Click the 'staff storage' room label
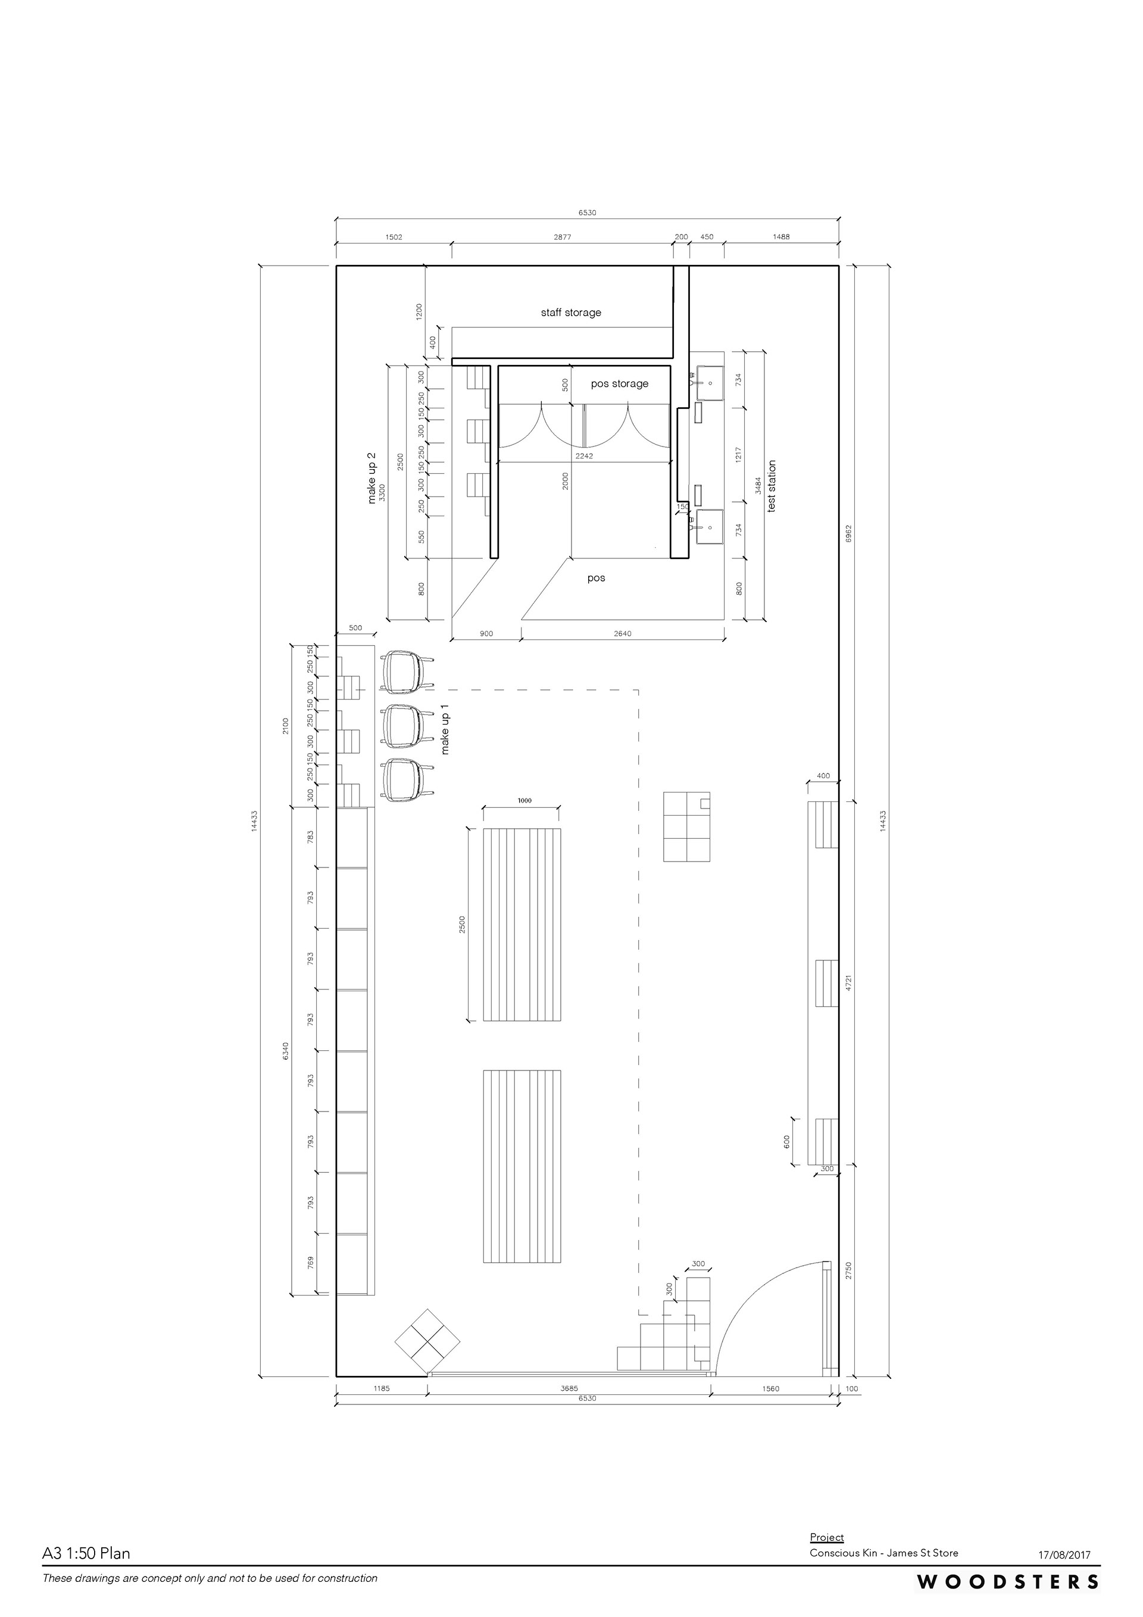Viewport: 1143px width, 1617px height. pyautogui.click(x=570, y=313)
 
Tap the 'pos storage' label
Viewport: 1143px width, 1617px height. pyautogui.click(x=619, y=384)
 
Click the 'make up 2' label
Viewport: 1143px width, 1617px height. pyautogui.click(x=372, y=478)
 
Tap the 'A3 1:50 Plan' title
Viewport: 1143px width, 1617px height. pyautogui.click(x=86, y=1553)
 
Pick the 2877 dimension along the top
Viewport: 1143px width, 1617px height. pyautogui.click(x=562, y=238)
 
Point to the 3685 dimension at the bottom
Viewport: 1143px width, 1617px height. pyautogui.click(x=569, y=1389)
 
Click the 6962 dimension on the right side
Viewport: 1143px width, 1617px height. pyautogui.click(x=849, y=533)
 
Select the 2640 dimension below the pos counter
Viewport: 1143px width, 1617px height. pyautogui.click(x=623, y=633)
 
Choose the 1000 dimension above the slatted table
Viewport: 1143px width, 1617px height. pyautogui.click(x=524, y=801)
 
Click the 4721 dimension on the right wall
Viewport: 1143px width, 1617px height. pyautogui.click(x=849, y=983)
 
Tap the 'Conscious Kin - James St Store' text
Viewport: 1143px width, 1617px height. pyautogui.click(x=884, y=1553)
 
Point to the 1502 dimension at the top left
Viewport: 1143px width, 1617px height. pyautogui.click(x=394, y=238)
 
